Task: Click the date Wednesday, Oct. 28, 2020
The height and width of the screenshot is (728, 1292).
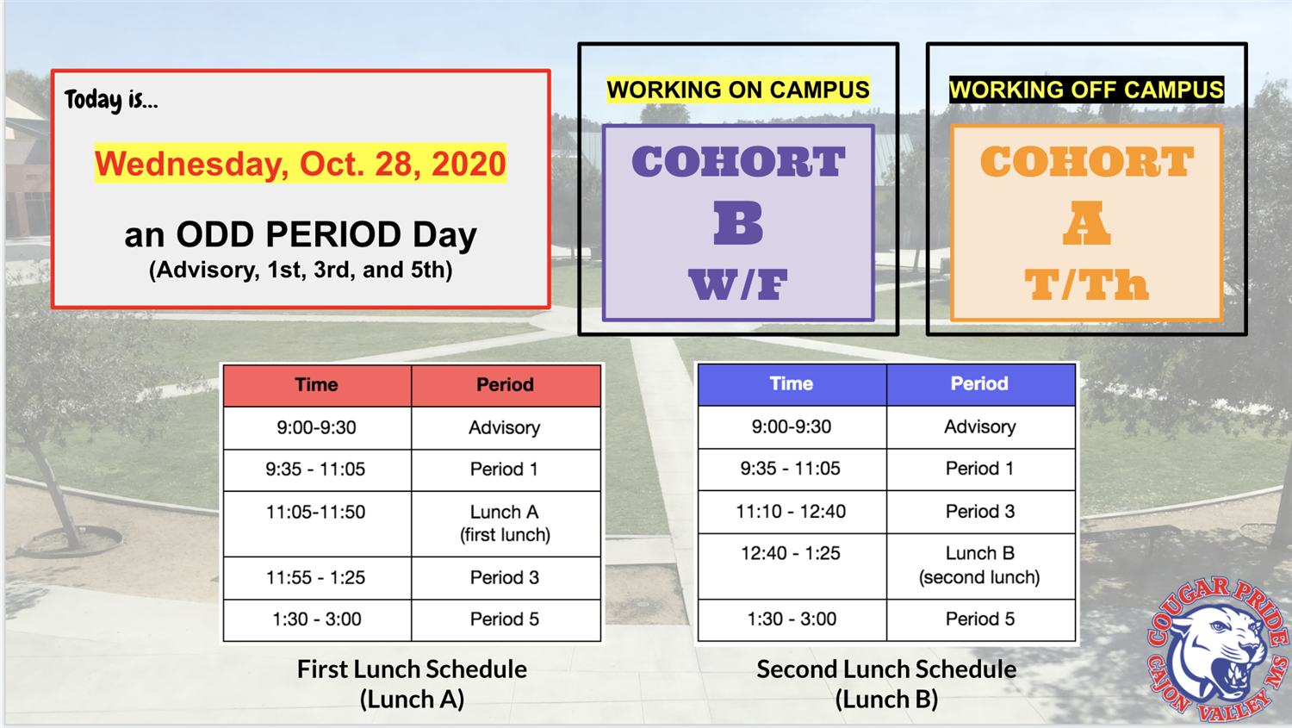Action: tap(301, 164)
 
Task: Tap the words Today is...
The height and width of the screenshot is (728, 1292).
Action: tap(111, 100)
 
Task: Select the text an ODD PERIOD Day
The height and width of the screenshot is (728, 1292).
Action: tap(301, 234)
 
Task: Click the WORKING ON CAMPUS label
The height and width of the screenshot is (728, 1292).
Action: tap(738, 90)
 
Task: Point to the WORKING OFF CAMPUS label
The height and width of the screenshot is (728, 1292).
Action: tap(1086, 90)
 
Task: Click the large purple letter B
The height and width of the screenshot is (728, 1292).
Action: tap(738, 223)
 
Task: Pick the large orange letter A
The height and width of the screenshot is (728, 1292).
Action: tap(1086, 223)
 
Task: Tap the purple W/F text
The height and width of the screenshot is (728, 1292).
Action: tap(738, 284)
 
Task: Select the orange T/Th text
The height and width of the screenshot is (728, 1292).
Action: tap(1086, 284)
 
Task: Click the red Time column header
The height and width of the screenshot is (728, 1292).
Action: tap(317, 385)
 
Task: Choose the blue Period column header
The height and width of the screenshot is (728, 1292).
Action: tap(979, 384)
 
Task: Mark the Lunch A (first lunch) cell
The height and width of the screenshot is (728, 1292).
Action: tap(505, 523)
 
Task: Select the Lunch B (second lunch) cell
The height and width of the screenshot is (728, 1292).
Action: tap(979, 565)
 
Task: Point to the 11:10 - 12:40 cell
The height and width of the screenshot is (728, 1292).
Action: tap(791, 512)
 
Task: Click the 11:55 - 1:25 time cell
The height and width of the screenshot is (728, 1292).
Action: tap(316, 578)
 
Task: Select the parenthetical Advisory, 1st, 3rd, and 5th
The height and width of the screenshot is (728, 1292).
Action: tap(301, 271)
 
